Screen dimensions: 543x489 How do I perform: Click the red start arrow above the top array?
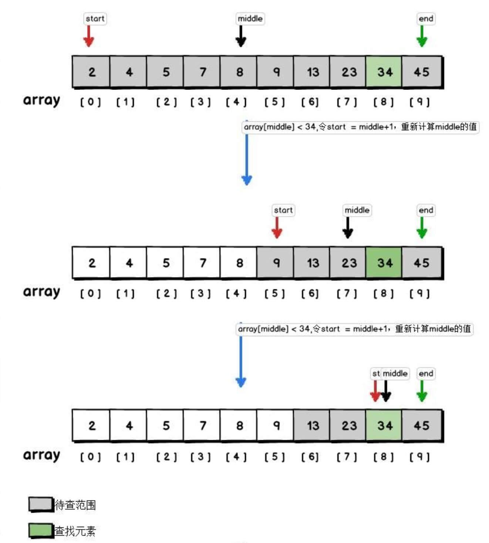tap(88, 37)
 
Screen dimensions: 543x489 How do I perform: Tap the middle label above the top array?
tap(250, 18)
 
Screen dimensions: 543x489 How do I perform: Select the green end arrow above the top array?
tap(422, 37)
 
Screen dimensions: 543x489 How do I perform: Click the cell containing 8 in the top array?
tap(239, 72)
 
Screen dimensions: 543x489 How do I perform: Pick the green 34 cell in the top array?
tap(384, 72)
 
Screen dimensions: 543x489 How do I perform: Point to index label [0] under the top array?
tap(91, 102)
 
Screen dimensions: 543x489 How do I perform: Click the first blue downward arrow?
tap(247, 159)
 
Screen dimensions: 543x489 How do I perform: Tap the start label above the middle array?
tap(283, 210)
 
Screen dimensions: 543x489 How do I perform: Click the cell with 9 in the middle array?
tap(276, 263)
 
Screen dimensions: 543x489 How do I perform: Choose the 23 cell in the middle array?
tap(348, 263)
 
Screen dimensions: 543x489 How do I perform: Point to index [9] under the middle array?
tap(420, 293)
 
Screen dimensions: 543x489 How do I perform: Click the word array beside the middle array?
tap(41, 292)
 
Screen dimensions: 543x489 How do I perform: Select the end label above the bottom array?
tap(426, 374)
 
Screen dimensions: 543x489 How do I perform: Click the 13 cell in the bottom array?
tap(312, 426)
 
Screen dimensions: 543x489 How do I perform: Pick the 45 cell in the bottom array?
tap(421, 426)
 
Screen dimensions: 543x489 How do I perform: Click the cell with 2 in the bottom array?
tap(92, 426)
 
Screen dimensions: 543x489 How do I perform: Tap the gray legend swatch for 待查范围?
tap(41, 504)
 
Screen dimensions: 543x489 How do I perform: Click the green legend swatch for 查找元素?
tap(41, 530)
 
